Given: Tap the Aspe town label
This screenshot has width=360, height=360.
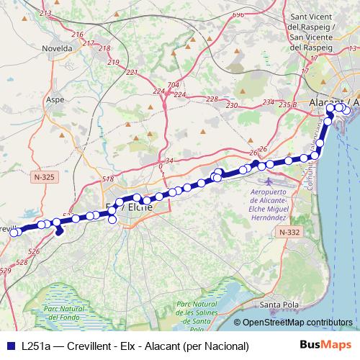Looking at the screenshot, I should pos(55,101).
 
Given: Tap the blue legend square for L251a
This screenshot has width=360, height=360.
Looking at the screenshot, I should pos(11,346).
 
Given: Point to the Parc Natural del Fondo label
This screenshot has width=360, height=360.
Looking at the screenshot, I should pos(70,313).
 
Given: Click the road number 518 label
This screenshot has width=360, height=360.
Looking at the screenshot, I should pos(109,179).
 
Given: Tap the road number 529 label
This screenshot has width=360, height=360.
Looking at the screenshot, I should pos(5,270).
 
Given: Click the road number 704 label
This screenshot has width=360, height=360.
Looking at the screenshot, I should pos(172,85).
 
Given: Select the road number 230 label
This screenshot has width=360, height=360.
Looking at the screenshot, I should pos(232,106).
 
